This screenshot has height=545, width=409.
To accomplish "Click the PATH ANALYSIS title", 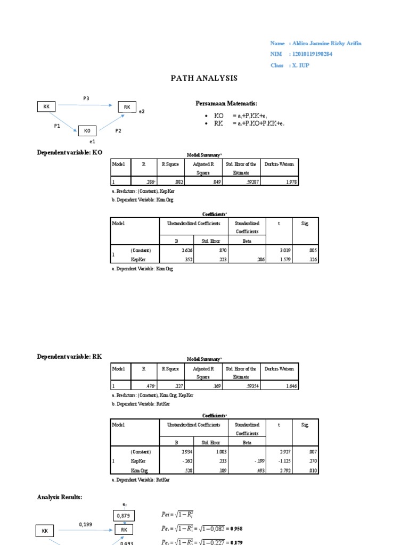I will [x=204, y=78].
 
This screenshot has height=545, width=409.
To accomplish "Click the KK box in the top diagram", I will [x=46, y=107].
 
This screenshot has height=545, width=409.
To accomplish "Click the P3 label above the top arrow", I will [x=86, y=98].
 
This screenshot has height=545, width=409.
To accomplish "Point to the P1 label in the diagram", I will [x=57, y=126].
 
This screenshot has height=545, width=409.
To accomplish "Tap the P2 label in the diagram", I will [x=118, y=130].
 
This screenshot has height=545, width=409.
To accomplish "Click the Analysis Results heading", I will [x=60, y=497].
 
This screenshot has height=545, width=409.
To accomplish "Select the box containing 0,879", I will [x=123, y=515].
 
